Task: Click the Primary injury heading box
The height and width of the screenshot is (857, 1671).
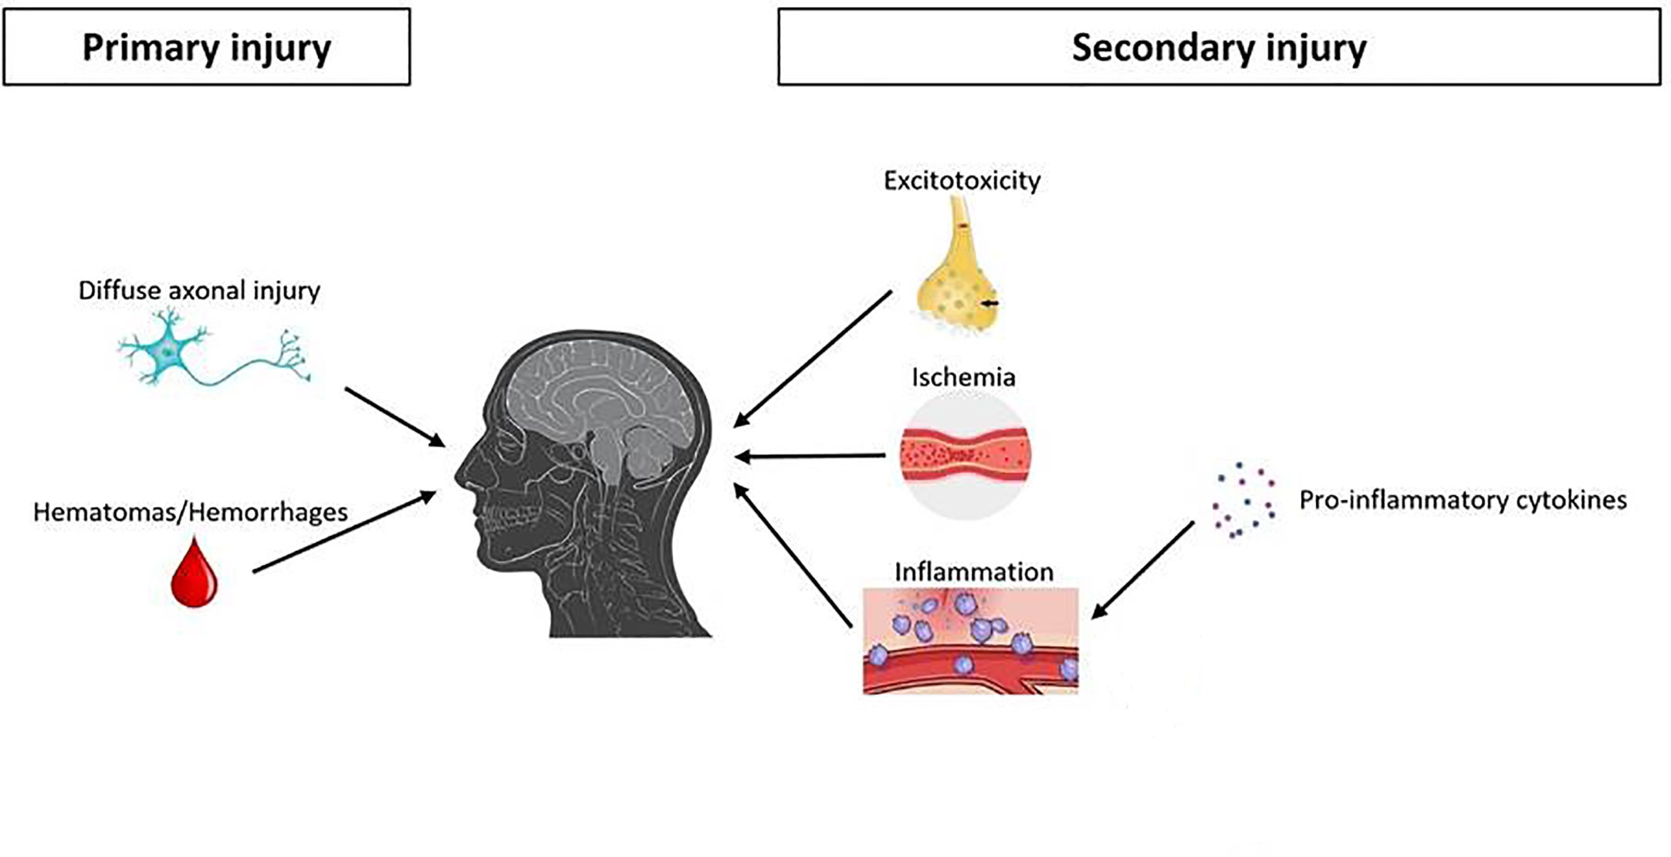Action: click(x=207, y=47)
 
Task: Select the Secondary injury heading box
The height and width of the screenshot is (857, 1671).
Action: click(x=1219, y=47)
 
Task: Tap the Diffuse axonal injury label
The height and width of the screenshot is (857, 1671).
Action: click(x=199, y=291)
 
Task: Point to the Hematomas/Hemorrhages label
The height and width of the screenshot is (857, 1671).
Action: click(x=191, y=512)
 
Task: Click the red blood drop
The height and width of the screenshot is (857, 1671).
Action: click(x=194, y=575)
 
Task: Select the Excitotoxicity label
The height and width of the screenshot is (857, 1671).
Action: click(x=962, y=181)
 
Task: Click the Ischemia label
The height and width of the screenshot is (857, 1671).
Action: click(x=963, y=377)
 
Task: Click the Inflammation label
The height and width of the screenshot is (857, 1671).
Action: click(x=973, y=572)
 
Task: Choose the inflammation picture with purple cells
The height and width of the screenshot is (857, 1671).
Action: click(x=970, y=641)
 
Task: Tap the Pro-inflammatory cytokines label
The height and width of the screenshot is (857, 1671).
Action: click(x=1463, y=500)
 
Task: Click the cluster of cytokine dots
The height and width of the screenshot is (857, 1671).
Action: click(x=1243, y=501)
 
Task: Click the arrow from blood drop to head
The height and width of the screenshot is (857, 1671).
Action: click(x=344, y=532)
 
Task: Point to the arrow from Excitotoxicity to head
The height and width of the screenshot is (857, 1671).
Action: click(x=812, y=359)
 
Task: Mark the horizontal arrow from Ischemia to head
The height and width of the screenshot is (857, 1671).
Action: click(x=810, y=457)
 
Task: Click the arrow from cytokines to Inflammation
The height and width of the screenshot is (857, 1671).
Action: click(x=1143, y=570)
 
